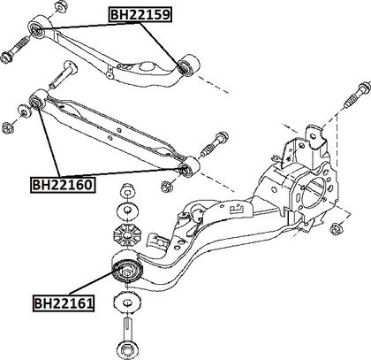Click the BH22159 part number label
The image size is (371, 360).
pos(140,14)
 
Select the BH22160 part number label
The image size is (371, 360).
pos(63,185)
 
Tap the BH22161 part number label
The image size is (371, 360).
pos(64,303)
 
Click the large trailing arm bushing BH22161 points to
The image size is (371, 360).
pos(127,268)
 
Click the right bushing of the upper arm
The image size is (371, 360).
pos(188,65)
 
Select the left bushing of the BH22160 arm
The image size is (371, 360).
pos(38,100)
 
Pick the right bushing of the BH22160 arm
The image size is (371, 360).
pos(189,166)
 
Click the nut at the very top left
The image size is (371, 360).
pos(61,6)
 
